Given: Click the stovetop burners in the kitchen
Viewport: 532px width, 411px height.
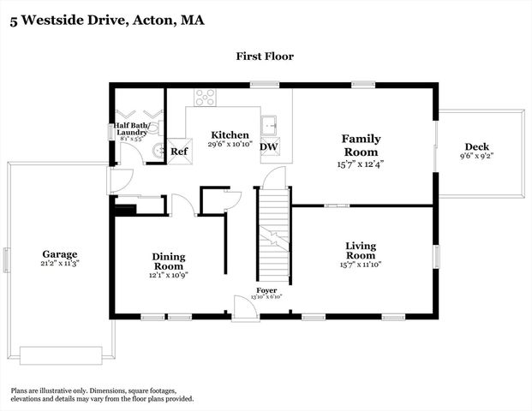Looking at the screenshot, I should [x=205, y=98].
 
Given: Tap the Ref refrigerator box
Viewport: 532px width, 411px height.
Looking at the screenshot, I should [x=179, y=152].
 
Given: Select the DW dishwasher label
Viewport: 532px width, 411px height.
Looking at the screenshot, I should [x=268, y=147].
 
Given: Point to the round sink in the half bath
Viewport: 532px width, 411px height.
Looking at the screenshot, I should [x=158, y=152].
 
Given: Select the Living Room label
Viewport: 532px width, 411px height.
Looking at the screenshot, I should [x=361, y=250].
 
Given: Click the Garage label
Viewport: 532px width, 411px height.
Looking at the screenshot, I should [x=60, y=254].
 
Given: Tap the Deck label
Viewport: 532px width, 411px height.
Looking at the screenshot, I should [x=477, y=146].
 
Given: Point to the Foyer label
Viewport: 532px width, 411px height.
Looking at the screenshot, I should [x=266, y=290].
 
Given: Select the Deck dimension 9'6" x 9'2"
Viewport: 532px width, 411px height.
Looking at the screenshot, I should [x=477, y=156].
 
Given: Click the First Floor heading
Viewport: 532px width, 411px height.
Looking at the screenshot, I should [x=265, y=57].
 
